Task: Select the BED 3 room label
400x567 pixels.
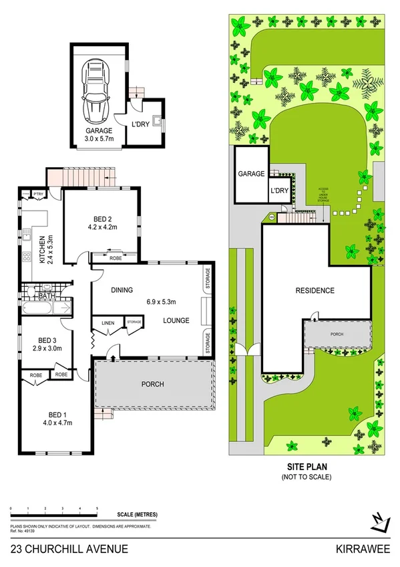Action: click(x=47, y=344)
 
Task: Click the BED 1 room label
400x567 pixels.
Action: click(x=57, y=418)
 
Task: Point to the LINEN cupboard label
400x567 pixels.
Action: click(x=108, y=324)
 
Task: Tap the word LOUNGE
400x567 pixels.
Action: click(x=176, y=320)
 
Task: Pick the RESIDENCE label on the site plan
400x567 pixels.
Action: click(x=315, y=291)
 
